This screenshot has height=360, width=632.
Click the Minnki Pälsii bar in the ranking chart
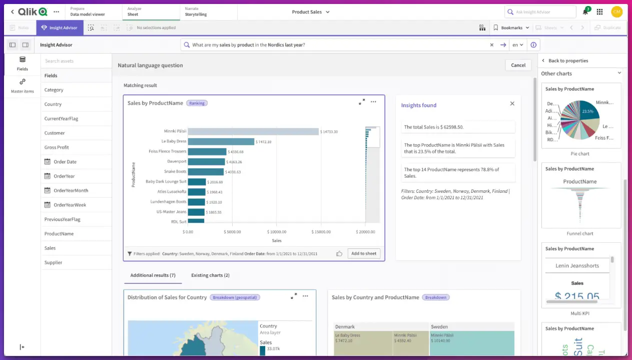tap(253, 132)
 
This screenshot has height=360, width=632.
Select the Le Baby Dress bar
tap(221, 142)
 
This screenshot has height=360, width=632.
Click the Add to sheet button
tap(363, 254)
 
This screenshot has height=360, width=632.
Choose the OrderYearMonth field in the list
tap(71, 191)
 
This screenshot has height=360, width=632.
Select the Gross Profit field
tap(57, 148)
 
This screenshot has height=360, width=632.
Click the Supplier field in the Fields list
tap(53, 262)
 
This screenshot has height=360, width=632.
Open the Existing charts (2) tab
tap(210, 275)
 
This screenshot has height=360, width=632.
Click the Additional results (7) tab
tap(153, 275)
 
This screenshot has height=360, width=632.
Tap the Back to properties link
tap(568, 61)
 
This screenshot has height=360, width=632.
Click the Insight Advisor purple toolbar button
tap(60, 28)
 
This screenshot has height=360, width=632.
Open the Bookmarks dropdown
tap(511, 28)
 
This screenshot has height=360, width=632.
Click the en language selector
tap(517, 45)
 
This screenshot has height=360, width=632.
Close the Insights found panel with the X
tap(512, 104)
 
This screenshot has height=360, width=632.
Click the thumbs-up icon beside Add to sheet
tap(339, 254)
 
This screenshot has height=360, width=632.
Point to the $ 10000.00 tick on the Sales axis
tap(277, 232)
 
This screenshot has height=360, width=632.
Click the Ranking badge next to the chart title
tap(197, 103)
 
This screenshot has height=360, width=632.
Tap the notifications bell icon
tap(585, 12)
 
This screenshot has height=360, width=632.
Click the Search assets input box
tap(76, 61)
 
